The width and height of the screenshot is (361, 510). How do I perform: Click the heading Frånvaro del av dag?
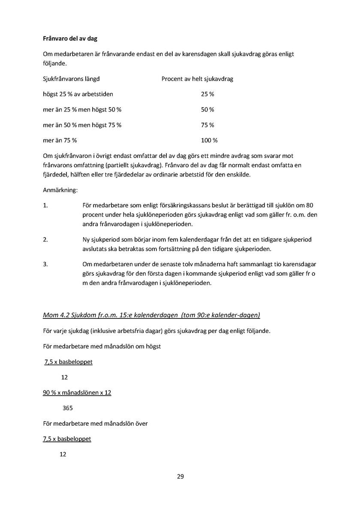click(x=70, y=39)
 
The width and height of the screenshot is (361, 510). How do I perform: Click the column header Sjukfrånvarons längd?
click(x=72, y=79)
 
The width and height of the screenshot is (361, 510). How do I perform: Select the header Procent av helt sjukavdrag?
click(x=197, y=79)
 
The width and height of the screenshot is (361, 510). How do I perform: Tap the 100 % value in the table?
click(x=209, y=140)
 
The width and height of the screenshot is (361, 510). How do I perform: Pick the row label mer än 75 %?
click(x=60, y=140)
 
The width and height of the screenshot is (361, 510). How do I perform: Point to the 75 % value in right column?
click(x=208, y=125)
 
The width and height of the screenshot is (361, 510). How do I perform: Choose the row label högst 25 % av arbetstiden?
click(x=78, y=94)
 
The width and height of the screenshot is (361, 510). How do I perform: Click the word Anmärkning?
click(x=60, y=189)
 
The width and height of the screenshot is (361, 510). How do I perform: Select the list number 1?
click(x=45, y=205)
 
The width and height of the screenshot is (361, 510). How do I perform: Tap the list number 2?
click(x=45, y=239)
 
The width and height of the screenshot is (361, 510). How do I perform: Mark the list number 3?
click(x=45, y=264)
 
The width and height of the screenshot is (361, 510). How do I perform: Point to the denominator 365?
click(x=68, y=408)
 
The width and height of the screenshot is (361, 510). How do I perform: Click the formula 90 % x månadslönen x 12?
click(x=77, y=393)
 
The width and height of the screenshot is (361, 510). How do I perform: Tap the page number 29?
click(x=180, y=477)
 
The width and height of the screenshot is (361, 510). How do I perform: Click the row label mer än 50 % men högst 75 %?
click(x=82, y=125)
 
